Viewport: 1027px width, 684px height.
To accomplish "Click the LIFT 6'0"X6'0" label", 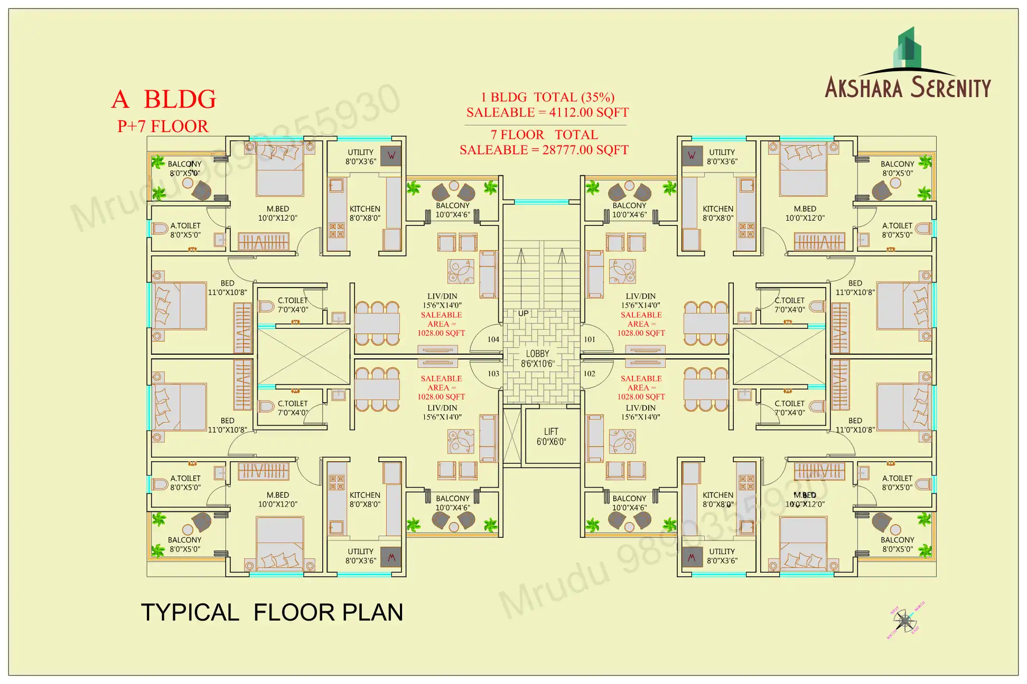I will [x=551, y=436].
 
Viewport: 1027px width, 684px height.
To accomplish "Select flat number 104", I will [x=493, y=339].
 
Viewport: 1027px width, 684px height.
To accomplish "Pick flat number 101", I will [x=590, y=339].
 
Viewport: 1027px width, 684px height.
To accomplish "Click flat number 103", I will [x=493, y=374].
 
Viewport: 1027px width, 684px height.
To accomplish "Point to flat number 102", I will [x=590, y=374].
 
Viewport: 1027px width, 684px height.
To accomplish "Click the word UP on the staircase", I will [x=523, y=313].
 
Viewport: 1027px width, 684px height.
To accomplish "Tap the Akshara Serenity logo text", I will [x=908, y=88].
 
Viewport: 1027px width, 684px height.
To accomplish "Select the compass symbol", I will [x=905, y=621].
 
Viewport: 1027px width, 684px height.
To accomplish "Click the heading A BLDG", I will [x=164, y=99].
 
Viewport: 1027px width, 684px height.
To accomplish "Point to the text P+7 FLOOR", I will [x=163, y=127].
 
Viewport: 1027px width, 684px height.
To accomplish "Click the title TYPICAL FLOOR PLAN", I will [x=272, y=612].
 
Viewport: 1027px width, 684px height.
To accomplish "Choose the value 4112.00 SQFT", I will [x=589, y=112].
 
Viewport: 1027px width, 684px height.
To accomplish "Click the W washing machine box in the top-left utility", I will [x=391, y=156].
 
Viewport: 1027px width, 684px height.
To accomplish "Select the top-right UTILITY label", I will [x=722, y=152].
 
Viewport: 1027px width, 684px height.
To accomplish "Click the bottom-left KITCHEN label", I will [x=365, y=495].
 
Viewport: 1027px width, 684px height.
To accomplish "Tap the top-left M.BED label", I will [x=277, y=209].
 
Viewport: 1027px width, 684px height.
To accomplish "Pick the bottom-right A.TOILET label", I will [x=897, y=478].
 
